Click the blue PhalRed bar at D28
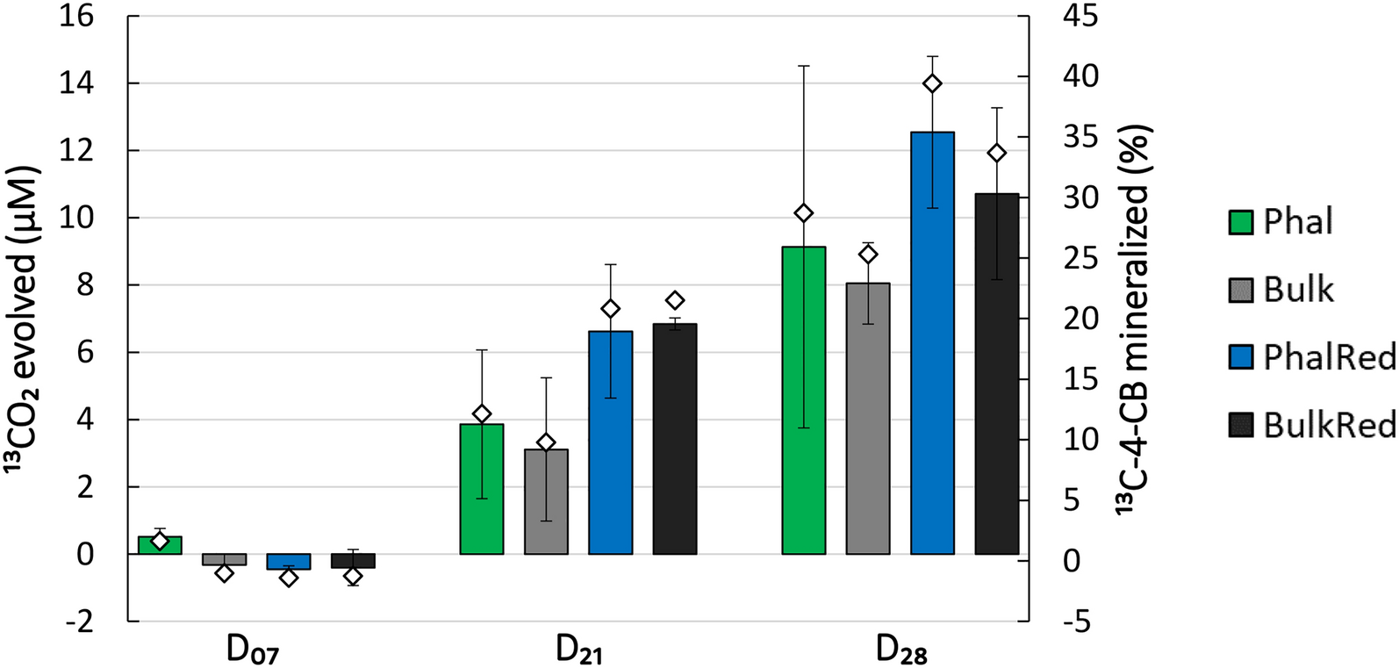[932, 342]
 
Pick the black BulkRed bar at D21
[675, 439]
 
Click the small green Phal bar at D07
[160, 545]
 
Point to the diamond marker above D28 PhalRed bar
[932, 83]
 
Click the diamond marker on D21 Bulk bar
[546, 442]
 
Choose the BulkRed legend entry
[1311, 425]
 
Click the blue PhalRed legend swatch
[1240, 357]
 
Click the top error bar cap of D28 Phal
[804, 66]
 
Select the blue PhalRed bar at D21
[610, 442]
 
